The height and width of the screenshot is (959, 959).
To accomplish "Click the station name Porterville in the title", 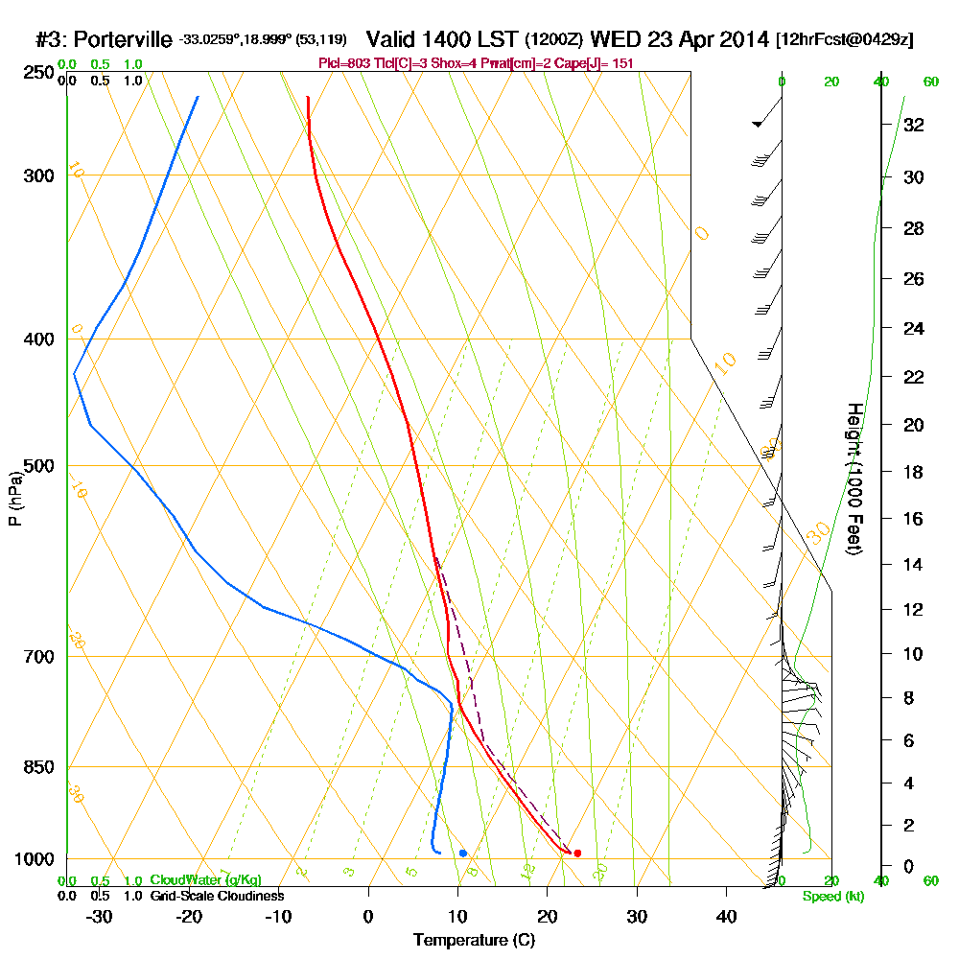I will (x=122, y=40).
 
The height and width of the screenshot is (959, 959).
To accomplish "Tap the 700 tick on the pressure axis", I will (x=39, y=657).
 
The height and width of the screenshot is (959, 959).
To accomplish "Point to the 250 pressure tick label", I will (x=39, y=73).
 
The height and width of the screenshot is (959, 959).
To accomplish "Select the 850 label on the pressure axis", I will (x=39, y=767).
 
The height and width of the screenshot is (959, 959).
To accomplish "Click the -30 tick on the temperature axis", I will (x=100, y=917).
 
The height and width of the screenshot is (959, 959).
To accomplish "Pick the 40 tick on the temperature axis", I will (x=726, y=917).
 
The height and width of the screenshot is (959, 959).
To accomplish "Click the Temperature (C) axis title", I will (x=474, y=941).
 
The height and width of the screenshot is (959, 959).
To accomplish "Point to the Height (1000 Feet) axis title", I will (x=854, y=479).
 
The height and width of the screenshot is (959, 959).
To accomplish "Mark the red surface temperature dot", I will (x=577, y=853).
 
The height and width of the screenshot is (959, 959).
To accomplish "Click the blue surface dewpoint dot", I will (x=463, y=853).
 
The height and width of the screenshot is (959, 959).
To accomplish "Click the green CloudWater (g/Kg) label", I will (x=205, y=880).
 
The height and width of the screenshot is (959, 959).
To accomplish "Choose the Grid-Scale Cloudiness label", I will (x=217, y=896).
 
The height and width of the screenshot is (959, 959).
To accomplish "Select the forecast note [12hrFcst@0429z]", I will (x=845, y=40).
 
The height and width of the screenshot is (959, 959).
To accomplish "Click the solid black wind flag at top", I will (x=758, y=124).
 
